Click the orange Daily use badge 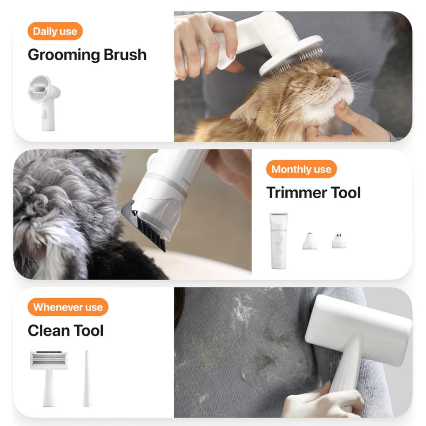tap(55, 31)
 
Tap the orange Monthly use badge tap(301, 169)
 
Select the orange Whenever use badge tap(68, 307)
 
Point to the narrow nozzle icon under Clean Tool tap(86, 378)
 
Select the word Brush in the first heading tap(125, 55)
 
